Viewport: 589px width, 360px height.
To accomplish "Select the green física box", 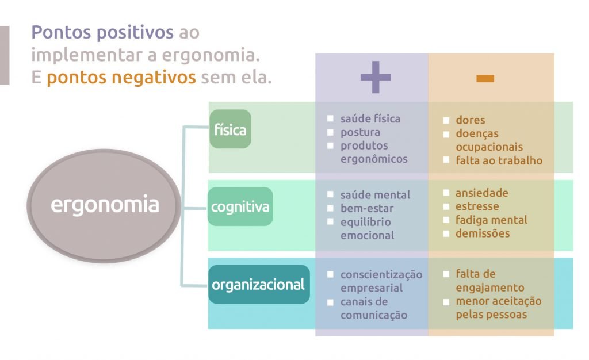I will pyautogui.click(x=230, y=129).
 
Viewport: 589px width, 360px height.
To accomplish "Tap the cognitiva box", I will pyautogui.click(x=240, y=206).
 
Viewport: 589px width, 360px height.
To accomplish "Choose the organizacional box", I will pyautogui.click(x=258, y=284).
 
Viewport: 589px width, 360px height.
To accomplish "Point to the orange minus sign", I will pyautogui.click(x=485, y=78).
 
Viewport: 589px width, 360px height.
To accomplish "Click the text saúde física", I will pyautogui.click(x=370, y=119).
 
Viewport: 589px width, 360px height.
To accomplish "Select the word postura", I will pyautogui.click(x=360, y=132).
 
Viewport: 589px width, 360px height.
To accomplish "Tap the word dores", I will pyautogui.click(x=471, y=121).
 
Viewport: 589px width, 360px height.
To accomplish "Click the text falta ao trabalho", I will pyautogui.click(x=499, y=160).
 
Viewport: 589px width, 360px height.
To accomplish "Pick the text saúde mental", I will pyautogui.click(x=375, y=195).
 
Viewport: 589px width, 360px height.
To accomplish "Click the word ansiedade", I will pyautogui.click(x=482, y=193).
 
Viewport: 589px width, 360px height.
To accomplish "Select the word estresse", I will pyautogui.click(x=477, y=206).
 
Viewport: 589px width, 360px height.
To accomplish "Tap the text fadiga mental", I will pyautogui.click(x=491, y=220).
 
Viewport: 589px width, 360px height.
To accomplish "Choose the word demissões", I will pyautogui.click(x=482, y=233).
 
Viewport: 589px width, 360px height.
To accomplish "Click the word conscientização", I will pyautogui.click(x=381, y=274).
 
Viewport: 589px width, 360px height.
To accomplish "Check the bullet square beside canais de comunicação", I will pyautogui.click(x=331, y=302).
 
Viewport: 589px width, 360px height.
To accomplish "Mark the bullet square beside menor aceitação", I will pyautogui.click(x=446, y=301).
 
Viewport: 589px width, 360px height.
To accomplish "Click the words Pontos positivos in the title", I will pyautogui.click(x=102, y=32).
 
